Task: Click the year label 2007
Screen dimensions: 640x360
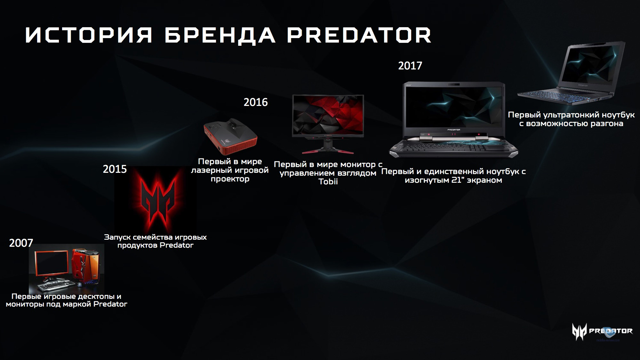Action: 21,243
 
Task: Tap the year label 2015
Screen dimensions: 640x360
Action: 115,169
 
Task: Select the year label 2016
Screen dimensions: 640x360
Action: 256,102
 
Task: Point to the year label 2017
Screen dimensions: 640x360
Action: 410,66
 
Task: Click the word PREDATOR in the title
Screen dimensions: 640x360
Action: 359,35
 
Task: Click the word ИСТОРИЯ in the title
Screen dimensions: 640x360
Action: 89,35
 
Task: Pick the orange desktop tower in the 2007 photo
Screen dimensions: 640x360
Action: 86,264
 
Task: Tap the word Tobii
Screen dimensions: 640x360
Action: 328,181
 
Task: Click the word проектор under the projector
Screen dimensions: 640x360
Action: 230,179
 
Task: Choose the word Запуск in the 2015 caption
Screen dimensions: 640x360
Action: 117,237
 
